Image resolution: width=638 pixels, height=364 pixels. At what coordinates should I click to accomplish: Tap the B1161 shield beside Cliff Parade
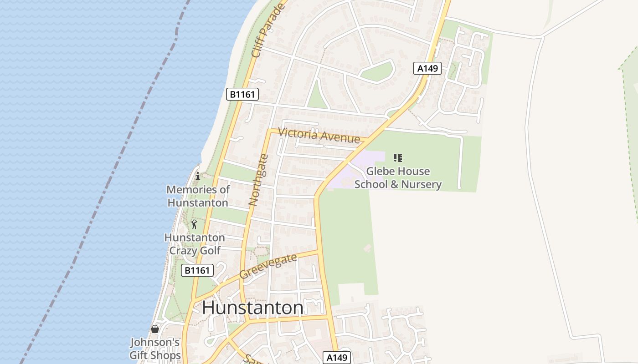(242, 94)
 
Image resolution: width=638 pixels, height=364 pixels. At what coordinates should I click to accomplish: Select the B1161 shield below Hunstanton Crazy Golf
(197, 270)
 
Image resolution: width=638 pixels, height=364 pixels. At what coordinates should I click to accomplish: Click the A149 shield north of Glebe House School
(428, 68)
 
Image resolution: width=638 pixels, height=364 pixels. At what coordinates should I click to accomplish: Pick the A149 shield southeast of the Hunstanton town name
(338, 357)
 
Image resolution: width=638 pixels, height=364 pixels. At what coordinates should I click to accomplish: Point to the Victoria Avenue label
(319, 135)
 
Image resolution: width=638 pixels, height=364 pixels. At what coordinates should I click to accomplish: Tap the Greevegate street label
(268, 266)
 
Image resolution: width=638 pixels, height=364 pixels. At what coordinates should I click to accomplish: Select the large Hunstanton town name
(252, 308)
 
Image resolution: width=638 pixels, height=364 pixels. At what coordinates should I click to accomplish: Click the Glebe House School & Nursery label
(398, 178)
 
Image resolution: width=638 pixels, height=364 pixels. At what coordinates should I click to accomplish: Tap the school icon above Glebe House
(398, 158)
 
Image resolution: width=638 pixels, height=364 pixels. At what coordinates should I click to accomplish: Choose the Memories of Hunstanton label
(198, 196)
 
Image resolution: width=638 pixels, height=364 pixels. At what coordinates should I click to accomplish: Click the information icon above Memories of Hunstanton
(198, 177)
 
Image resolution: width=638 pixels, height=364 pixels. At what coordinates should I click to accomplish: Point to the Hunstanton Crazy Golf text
(195, 244)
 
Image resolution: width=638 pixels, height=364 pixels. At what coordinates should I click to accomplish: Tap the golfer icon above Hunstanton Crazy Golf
(195, 224)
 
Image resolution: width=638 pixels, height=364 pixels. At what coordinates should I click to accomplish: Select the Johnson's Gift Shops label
(155, 349)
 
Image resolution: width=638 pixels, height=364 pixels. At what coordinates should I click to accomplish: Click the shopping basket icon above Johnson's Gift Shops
(155, 329)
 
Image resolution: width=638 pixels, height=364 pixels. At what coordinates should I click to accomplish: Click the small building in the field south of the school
(367, 248)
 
